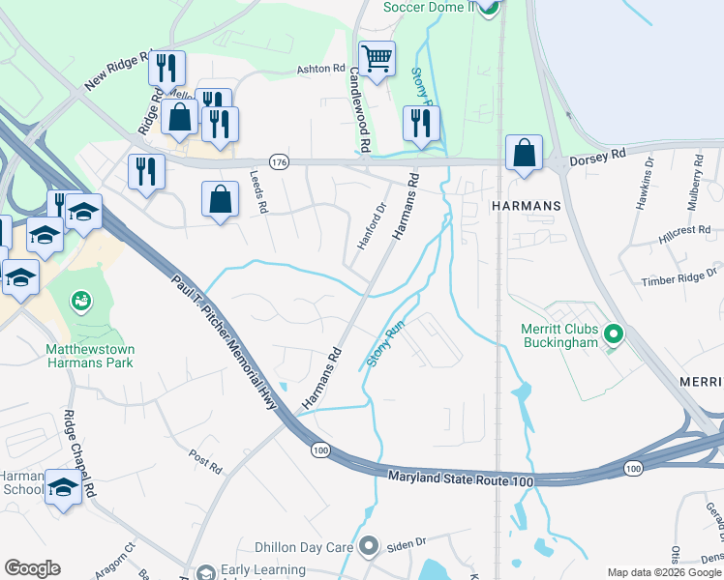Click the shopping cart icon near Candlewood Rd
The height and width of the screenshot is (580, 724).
[377, 57]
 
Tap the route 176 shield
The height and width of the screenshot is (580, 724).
[280, 160]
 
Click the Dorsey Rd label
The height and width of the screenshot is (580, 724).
[597, 154]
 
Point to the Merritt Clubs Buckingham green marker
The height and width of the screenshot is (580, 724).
[612, 334]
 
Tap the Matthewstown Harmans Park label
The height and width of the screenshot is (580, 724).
[89, 355]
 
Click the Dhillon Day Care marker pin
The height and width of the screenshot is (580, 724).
[367, 547]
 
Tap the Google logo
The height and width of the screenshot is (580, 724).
[32, 567]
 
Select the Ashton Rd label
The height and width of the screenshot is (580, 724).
[320, 70]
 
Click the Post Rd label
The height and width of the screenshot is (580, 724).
[205, 462]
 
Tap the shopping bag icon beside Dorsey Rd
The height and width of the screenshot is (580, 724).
[524, 154]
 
